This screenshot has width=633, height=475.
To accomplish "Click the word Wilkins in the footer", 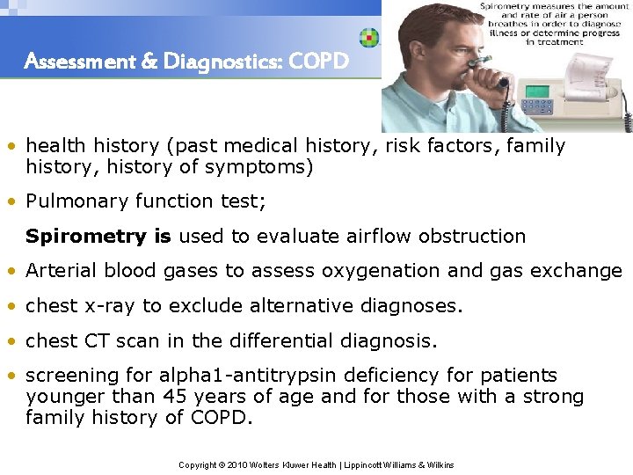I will tap(438, 464).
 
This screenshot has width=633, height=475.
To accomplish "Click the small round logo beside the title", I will tap(369, 38).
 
